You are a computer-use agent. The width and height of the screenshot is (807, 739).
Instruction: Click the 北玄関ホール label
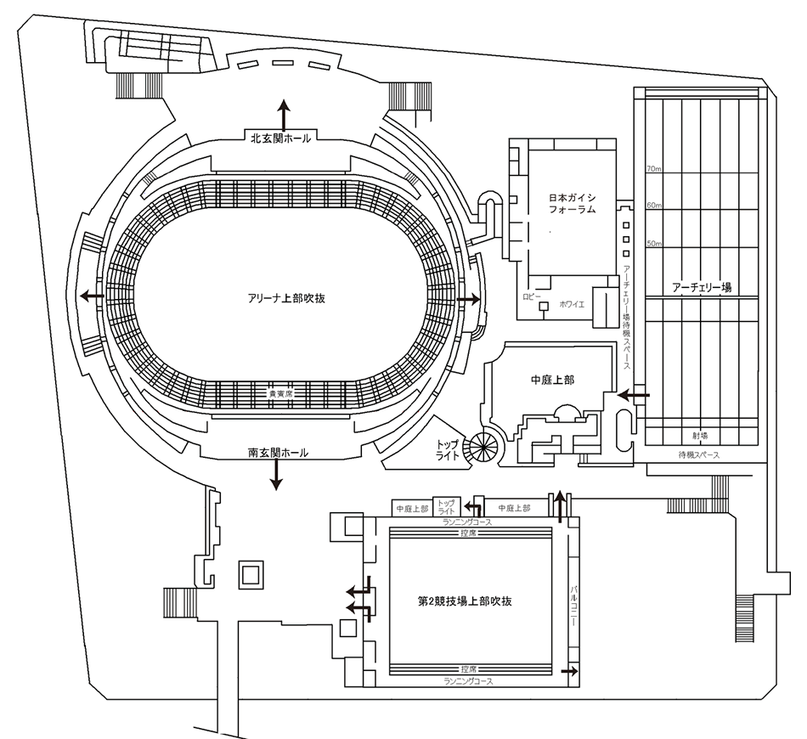(279, 138)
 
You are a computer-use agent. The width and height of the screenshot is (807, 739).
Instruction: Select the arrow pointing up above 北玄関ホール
(283, 112)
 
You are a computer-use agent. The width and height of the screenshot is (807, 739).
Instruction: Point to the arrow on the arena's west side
(92, 296)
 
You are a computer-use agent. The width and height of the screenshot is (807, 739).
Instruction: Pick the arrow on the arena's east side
(468, 300)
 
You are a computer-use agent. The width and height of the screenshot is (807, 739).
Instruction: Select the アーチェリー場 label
(701, 288)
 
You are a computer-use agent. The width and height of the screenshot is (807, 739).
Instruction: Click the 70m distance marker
(654, 168)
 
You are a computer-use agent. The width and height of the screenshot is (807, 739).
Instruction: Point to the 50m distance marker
(654, 243)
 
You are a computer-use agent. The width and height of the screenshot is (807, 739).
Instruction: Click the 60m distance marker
(654, 206)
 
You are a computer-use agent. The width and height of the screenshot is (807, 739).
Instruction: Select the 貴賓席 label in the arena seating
(280, 395)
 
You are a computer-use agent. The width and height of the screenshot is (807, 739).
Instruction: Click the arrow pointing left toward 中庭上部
(633, 395)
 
